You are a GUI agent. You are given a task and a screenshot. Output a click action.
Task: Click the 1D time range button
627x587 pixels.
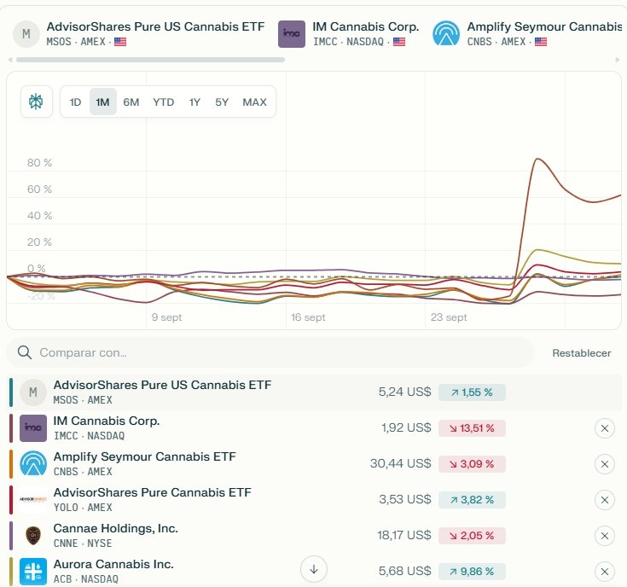coord(75,102)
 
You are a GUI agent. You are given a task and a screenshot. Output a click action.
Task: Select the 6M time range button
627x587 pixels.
coord(131,102)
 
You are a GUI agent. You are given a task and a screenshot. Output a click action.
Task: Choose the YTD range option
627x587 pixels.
coord(163,102)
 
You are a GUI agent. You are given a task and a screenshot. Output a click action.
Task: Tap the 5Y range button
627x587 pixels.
coord(222,102)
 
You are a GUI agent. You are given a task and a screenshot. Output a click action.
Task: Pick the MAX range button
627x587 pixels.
coord(254,102)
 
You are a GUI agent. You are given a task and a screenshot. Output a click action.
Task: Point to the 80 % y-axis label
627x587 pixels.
coord(39,163)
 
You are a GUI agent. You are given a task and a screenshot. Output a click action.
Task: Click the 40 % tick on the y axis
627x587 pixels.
coord(39,216)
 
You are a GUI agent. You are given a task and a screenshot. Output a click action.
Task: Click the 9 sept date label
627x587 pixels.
coord(166,317)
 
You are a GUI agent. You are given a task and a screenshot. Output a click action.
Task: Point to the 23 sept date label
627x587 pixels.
coord(449,317)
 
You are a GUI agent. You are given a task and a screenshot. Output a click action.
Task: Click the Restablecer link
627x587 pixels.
coord(581,353)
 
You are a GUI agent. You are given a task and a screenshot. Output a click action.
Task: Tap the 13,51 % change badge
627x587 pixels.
coord(472,427)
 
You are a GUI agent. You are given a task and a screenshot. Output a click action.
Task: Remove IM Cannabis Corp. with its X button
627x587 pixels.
coord(604,427)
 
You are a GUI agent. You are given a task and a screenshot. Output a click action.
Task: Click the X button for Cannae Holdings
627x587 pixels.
coord(604,535)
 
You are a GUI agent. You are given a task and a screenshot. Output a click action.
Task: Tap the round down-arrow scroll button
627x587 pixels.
coord(314,569)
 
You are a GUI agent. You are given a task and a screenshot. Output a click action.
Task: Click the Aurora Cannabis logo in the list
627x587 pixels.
coord(33,571)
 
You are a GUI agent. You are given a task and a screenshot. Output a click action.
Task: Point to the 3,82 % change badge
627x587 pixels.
coord(472,499)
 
